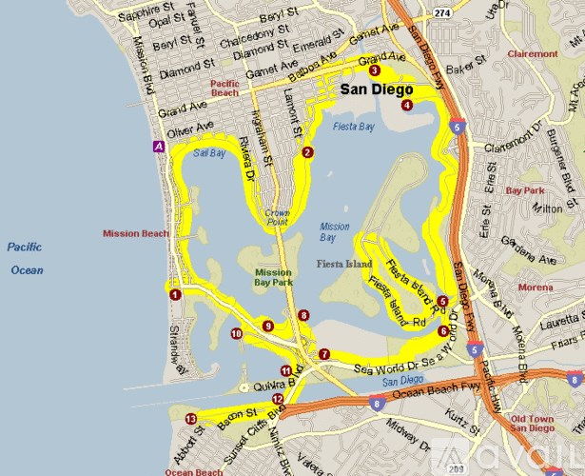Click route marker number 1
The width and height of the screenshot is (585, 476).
175,295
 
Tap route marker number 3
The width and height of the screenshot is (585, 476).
375,70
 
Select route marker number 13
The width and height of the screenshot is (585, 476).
191,418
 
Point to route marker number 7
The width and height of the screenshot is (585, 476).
324,354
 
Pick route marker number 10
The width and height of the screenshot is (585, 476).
236,333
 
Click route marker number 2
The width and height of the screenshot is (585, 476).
306,152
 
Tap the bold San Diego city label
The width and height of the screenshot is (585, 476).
377,89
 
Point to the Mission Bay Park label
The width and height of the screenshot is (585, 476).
273,277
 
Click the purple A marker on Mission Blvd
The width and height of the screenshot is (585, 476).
157,147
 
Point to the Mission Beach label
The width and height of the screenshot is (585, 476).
135,232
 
